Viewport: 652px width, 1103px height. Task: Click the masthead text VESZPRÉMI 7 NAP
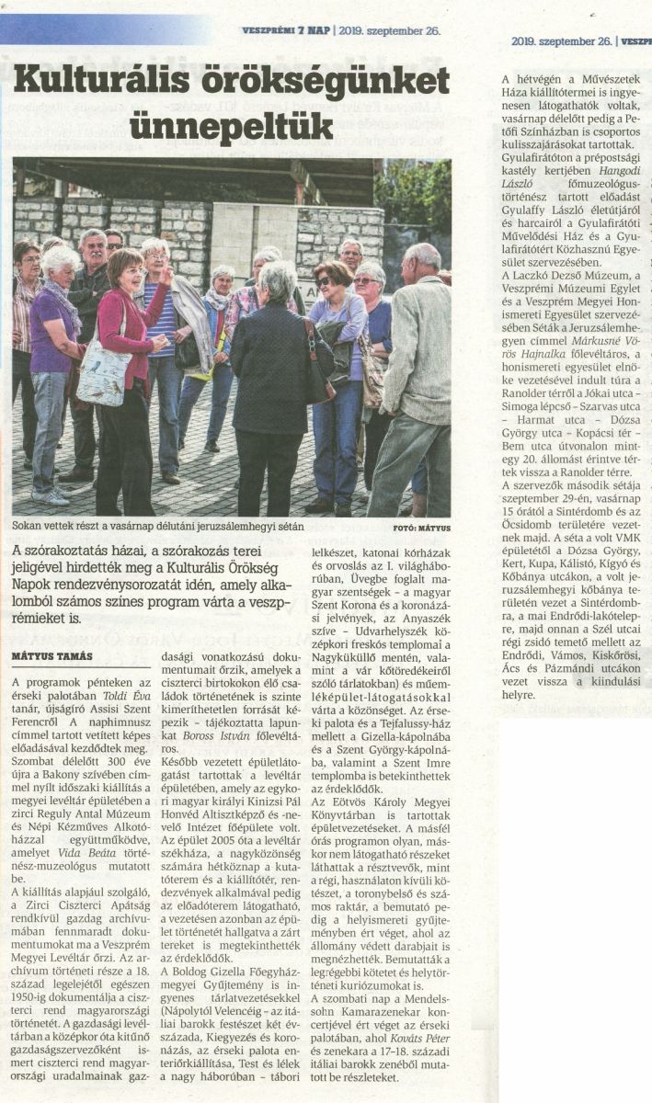(x=285, y=29)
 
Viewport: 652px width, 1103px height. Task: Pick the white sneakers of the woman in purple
(x=51, y=495)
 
